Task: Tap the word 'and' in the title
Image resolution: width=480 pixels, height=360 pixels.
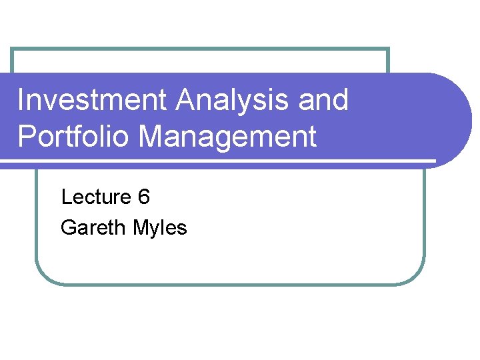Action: click(324, 101)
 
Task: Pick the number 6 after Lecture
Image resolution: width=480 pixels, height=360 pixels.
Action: click(144, 197)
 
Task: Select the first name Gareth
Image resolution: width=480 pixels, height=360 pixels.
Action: click(93, 228)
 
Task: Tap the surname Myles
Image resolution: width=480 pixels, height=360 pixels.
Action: click(160, 228)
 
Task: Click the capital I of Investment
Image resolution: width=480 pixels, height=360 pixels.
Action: click(21, 101)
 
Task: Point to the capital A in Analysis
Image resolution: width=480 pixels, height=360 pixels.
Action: click(187, 101)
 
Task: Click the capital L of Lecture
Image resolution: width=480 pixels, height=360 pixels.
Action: click(65, 197)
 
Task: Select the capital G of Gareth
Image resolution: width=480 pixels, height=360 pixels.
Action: click(67, 228)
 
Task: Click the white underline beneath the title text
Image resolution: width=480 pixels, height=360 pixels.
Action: click(220, 161)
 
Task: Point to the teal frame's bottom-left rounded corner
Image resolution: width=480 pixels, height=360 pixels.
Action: click(44, 276)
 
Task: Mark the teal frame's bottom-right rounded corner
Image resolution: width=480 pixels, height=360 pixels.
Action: click(416, 276)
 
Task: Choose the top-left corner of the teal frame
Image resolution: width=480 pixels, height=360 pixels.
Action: click(13, 49)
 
